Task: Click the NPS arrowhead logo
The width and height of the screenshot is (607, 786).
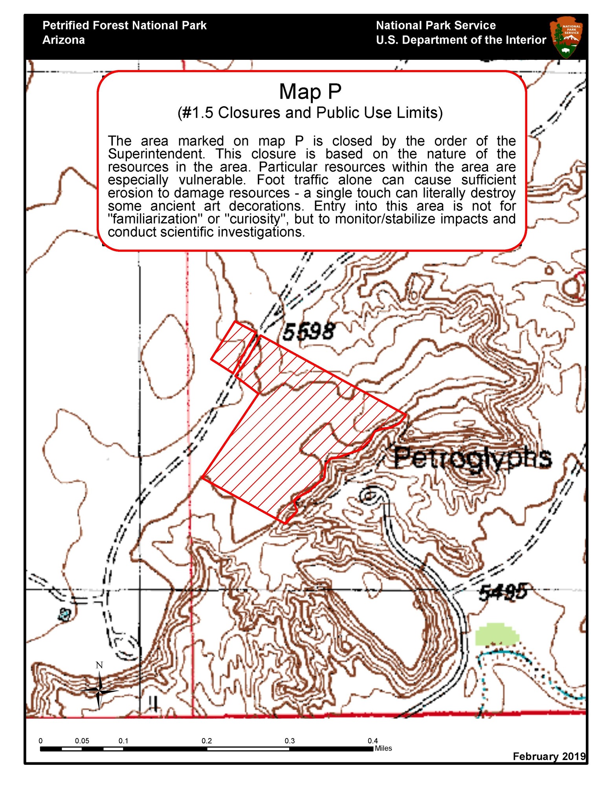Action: (x=567, y=37)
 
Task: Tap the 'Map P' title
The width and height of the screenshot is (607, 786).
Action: (x=310, y=92)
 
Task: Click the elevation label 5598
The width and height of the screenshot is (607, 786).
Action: (x=308, y=331)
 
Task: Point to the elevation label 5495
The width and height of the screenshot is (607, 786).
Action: (x=503, y=592)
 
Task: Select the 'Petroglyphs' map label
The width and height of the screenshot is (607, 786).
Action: (x=472, y=458)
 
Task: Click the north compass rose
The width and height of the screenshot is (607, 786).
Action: (x=99, y=690)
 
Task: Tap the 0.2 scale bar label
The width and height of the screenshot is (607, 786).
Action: (x=207, y=741)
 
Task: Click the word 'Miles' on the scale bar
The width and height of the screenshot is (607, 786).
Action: (x=383, y=748)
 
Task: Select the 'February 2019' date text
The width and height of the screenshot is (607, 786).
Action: (x=549, y=756)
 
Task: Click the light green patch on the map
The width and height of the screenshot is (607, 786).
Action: (x=497, y=634)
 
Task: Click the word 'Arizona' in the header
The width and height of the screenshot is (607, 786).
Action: (x=64, y=40)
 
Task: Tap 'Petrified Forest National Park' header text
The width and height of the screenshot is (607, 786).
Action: (x=125, y=26)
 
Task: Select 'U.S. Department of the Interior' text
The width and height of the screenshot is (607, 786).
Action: (x=461, y=40)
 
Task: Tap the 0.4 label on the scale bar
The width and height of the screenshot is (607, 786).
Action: (x=372, y=741)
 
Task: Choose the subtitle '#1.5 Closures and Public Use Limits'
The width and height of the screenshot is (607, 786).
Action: (x=310, y=113)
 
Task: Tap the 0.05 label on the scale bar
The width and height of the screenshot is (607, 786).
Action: (x=82, y=741)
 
